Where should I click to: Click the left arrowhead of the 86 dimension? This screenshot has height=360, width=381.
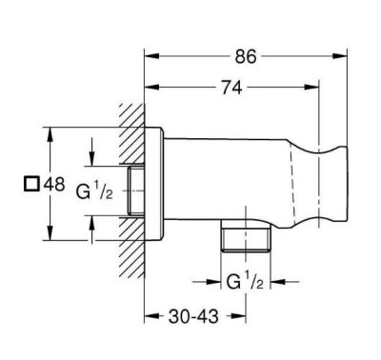(x=149, y=55)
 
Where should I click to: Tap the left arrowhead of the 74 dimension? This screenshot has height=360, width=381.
(x=149, y=89)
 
